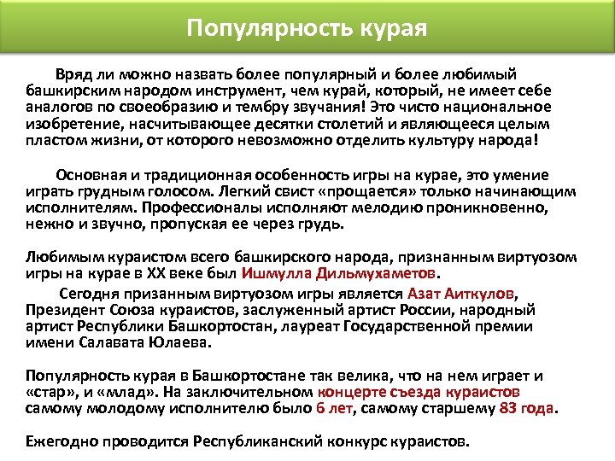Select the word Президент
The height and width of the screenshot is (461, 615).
pyautogui.click(x=63, y=310)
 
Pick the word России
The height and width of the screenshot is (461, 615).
pyautogui.click(x=448, y=310)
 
